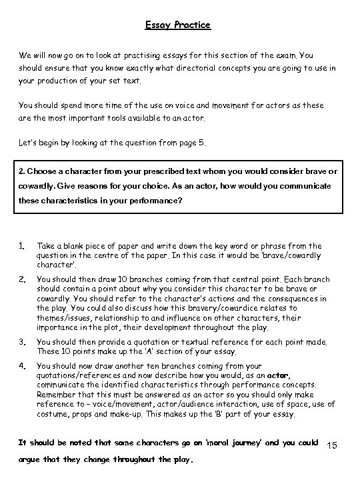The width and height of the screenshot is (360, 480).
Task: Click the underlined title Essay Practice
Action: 178,25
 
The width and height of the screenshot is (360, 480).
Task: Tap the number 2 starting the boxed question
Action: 21,172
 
